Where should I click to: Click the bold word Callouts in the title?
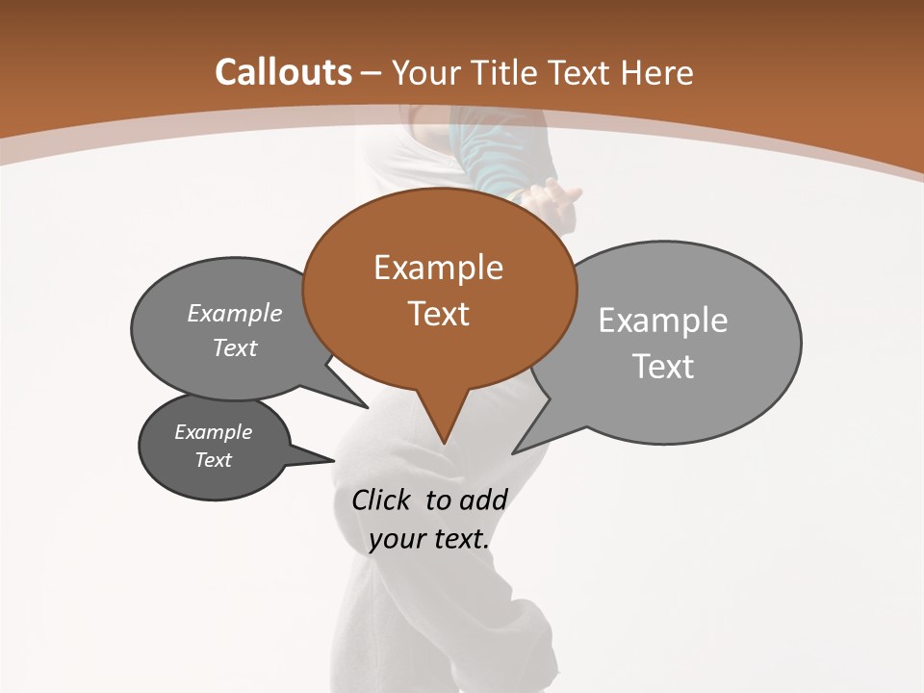(283, 72)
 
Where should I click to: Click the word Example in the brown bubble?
(438, 268)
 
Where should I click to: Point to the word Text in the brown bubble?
(438, 314)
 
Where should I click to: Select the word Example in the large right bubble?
(663, 321)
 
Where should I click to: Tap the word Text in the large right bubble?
(663, 367)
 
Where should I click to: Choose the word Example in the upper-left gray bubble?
(234, 314)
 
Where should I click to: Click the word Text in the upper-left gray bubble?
(234, 348)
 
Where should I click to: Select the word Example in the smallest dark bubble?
(213, 432)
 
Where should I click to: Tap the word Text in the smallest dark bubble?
(213, 460)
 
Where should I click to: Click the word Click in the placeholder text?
(382, 500)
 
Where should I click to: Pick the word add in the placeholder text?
(482, 500)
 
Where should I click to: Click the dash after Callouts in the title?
(372, 73)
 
